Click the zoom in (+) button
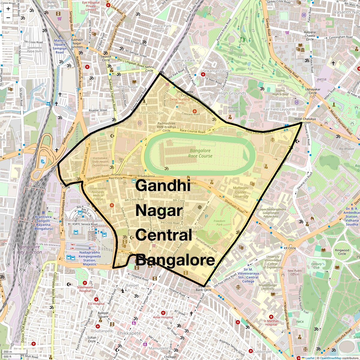8,9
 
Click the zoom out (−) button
8,18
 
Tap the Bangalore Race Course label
200,153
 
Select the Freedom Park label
219,223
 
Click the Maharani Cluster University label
241,192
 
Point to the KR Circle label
290,248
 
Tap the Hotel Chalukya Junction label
305,121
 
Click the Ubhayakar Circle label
313,91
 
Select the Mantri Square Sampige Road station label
60,46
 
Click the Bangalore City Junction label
29,249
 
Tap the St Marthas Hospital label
271,322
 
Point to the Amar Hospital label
163,317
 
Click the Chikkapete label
129,333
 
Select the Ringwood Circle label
342,252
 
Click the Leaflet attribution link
310,358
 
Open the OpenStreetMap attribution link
330,358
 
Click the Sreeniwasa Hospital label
85,289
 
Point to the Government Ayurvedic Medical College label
98,193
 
